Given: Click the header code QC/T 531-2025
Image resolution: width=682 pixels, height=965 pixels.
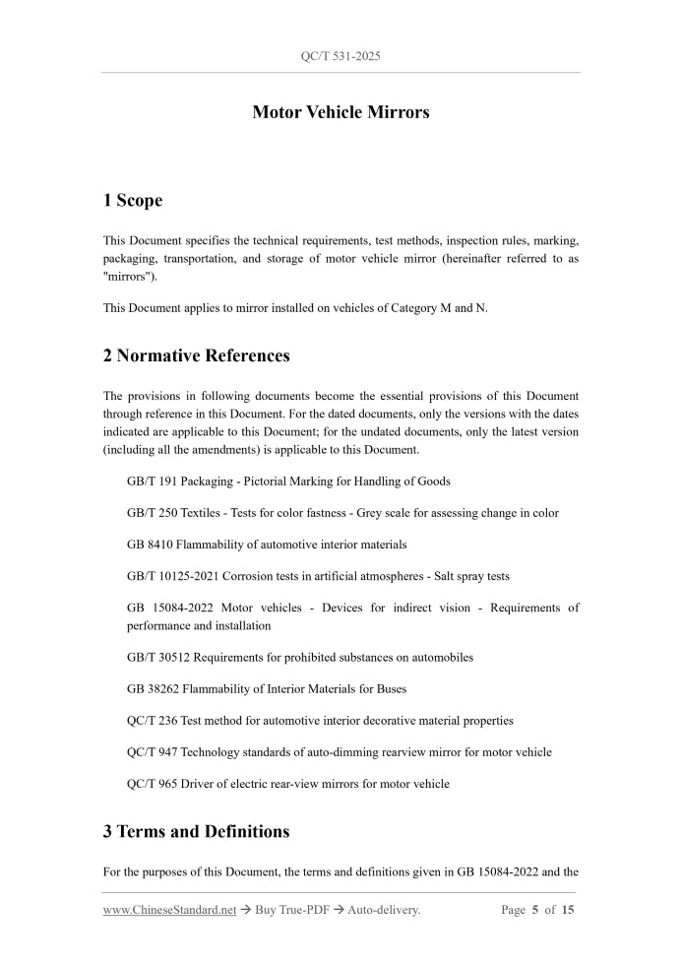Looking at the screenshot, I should [341, 56].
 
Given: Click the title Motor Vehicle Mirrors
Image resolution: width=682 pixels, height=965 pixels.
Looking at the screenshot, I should [341, 112].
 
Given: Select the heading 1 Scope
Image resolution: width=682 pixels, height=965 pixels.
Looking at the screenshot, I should [133, 201].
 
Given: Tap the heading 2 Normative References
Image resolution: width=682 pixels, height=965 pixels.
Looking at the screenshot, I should [196, 355].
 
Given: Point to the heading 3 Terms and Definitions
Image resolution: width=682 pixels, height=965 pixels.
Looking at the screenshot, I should [196, 831].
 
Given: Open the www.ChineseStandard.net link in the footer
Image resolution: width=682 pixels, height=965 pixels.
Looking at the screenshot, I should [169, 910].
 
